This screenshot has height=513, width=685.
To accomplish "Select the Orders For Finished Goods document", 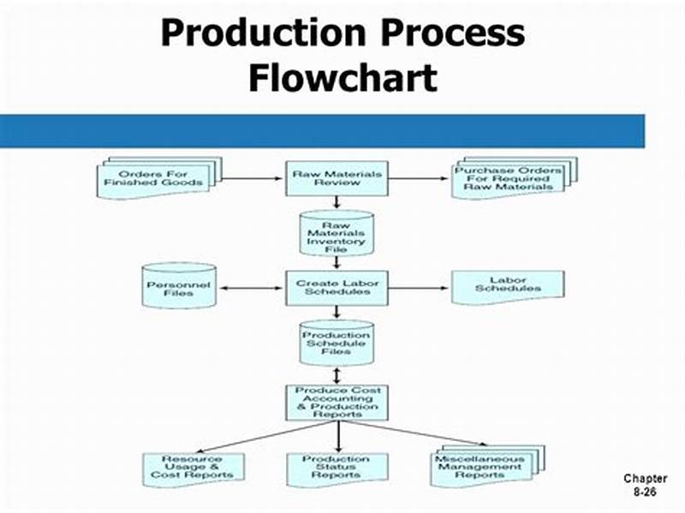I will tap(155, 178).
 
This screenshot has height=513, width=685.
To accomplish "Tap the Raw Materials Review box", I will tap(336, 178).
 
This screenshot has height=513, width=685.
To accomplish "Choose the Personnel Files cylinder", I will tap(178, 287).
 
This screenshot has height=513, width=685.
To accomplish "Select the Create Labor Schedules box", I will tap(336, 287).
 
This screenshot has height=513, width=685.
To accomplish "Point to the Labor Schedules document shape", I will tap(508, 286).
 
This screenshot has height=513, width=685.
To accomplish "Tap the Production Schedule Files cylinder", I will tap(336, 343).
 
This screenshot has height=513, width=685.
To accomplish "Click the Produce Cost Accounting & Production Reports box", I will tap(336, 401).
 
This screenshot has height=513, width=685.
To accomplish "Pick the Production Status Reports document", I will tap(336, 468).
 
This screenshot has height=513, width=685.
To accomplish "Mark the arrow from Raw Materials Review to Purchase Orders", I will tap(420, 179).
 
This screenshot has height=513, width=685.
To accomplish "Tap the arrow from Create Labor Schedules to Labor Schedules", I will tap(420, 288).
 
